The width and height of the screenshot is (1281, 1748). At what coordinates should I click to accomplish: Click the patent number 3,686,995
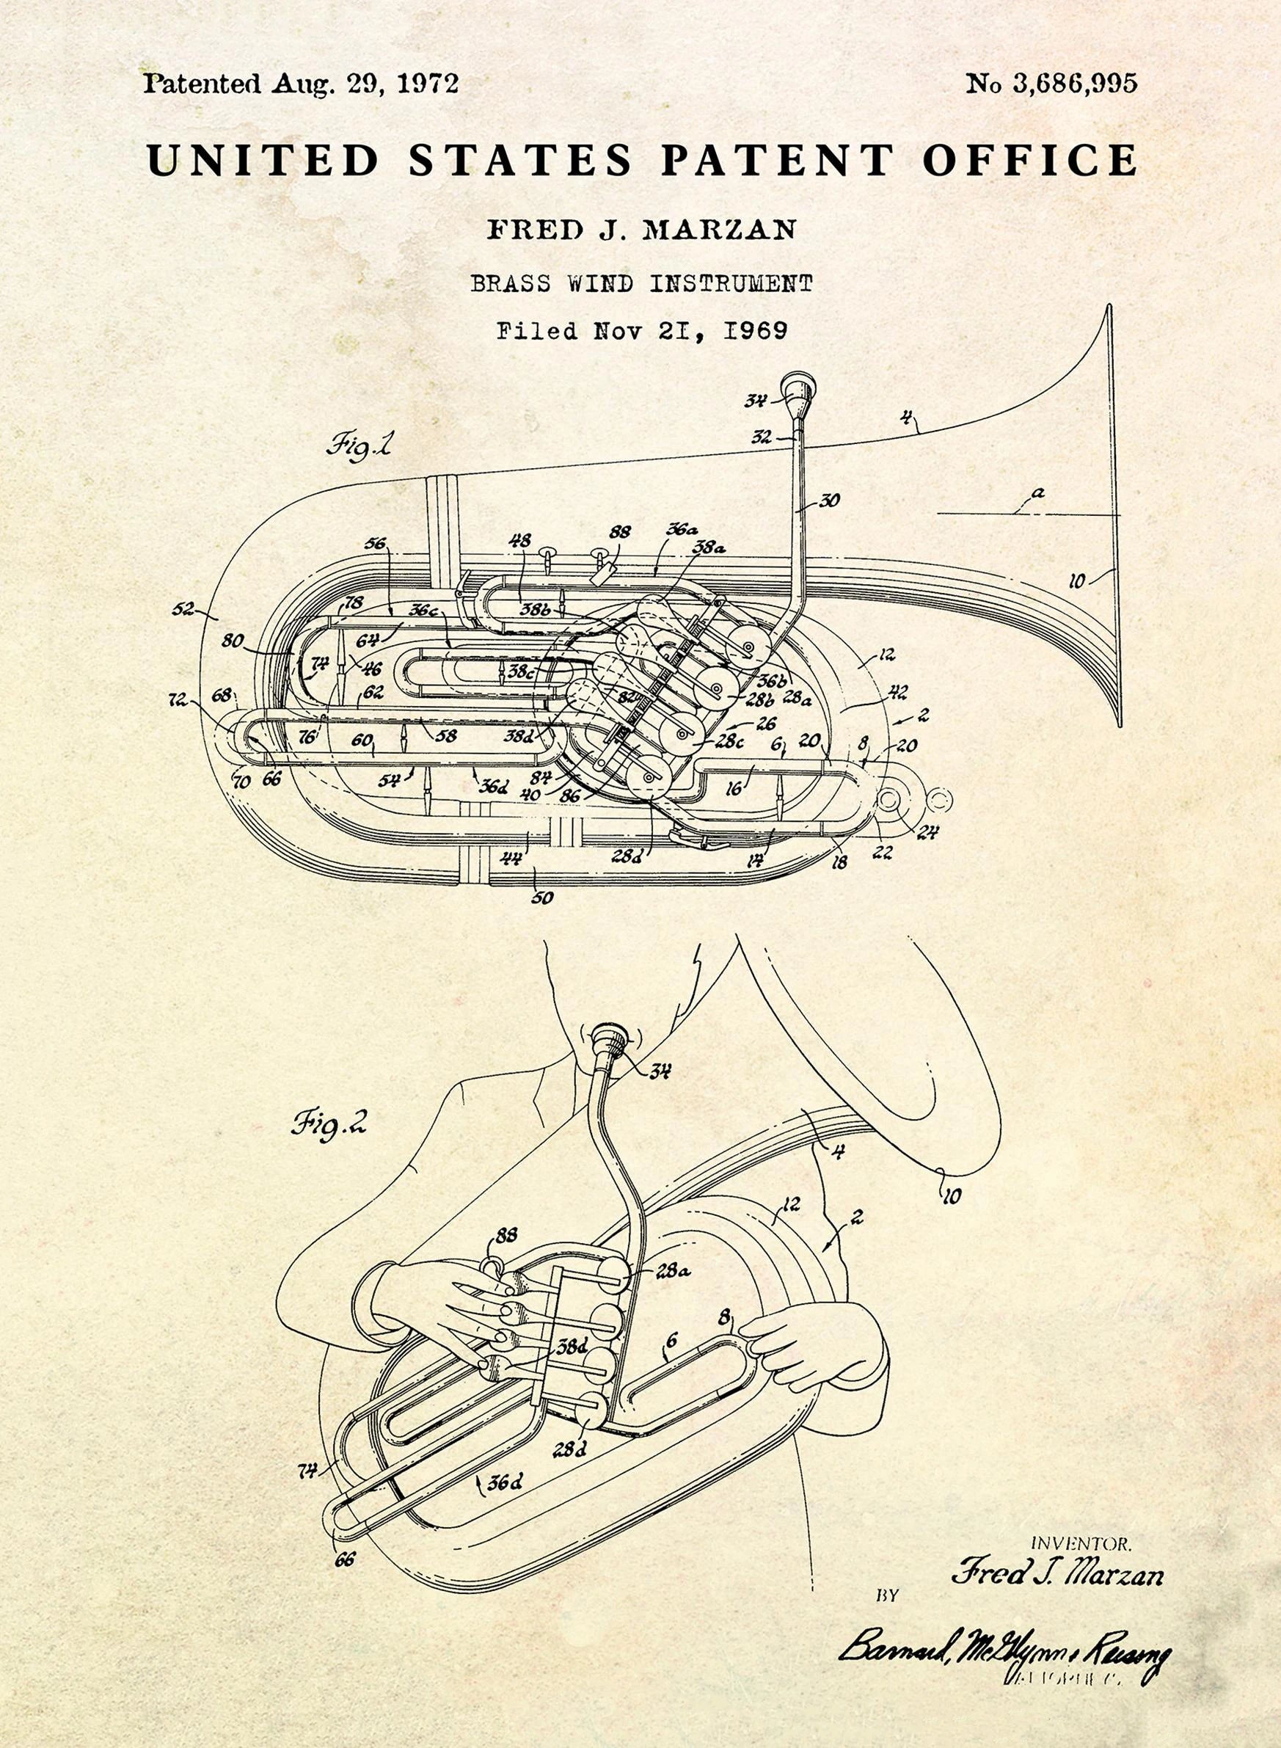1074,84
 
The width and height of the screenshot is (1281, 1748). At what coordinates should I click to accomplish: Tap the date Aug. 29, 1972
365,83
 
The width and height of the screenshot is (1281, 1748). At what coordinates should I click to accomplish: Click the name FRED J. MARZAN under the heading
640,230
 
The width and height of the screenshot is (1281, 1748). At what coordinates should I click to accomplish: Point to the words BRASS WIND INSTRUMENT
640,284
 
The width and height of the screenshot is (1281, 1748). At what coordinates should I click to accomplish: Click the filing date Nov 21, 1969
690,332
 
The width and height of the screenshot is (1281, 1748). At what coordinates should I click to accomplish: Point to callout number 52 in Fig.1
183,609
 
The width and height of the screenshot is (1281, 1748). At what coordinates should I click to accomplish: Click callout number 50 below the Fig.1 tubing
543,897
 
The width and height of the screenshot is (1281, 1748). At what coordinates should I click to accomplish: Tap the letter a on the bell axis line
1037,492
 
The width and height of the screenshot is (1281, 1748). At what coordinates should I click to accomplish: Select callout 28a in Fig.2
673,1271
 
